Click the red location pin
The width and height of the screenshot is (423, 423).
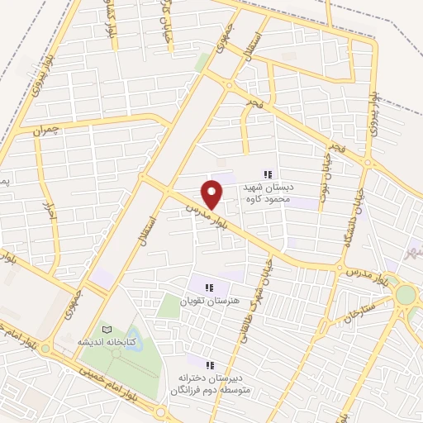tap(212, 193)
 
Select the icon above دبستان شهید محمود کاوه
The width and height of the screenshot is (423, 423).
tap(267, 174)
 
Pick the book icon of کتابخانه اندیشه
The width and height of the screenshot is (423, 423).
tap(105, 328)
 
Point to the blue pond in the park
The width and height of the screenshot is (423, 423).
tap(116, 354)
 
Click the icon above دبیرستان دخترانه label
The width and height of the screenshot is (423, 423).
tap(209, 364)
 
